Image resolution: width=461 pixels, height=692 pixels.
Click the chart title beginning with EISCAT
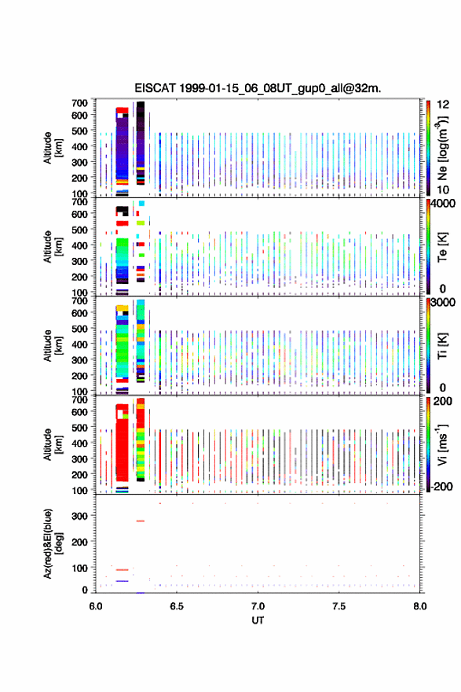[x=258, y=88]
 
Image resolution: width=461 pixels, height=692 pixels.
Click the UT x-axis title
[x=258, y=620]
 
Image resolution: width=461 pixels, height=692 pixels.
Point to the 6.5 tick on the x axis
[x=177, y=606]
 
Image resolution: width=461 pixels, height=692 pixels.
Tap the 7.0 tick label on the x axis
[x=258, y=606]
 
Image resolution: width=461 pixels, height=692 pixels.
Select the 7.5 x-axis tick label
[x=339, y=606]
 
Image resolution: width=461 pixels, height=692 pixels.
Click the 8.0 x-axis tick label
[x=420, y=606]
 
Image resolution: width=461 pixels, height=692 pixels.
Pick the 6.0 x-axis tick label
[x=96, y=606]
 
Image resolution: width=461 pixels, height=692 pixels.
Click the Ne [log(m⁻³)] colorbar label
[x=443, y=149]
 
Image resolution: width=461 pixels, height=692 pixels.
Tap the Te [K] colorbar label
[x=442, y=247]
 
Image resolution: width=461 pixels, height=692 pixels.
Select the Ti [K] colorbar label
[x=442, y=346]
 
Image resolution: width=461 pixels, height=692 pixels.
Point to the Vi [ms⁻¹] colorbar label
[x=442, y=445]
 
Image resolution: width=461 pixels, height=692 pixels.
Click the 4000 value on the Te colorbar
[x=443, y=204]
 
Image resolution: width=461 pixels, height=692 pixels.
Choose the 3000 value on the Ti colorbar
[x=443, y=303]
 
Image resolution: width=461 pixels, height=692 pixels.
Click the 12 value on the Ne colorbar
[x=443, y=105]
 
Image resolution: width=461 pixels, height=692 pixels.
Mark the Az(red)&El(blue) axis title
[x=52, y=544]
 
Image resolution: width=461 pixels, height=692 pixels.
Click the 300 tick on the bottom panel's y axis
[x=80, y=516]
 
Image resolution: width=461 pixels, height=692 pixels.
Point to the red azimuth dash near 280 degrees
[x=140, y=521]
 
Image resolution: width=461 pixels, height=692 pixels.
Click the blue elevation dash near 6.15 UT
[x=122, y=581]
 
